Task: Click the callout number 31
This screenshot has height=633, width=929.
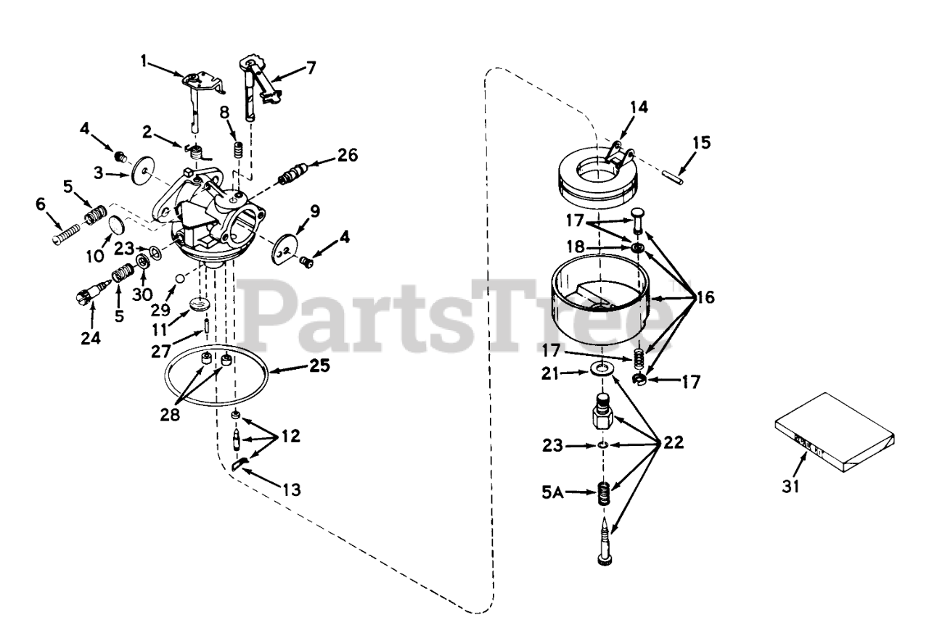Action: [790, 486]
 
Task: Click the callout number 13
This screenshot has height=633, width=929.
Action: [291, 489]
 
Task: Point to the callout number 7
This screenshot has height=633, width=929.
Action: [311, 69]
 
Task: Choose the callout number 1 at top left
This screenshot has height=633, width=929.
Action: [144, 62]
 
